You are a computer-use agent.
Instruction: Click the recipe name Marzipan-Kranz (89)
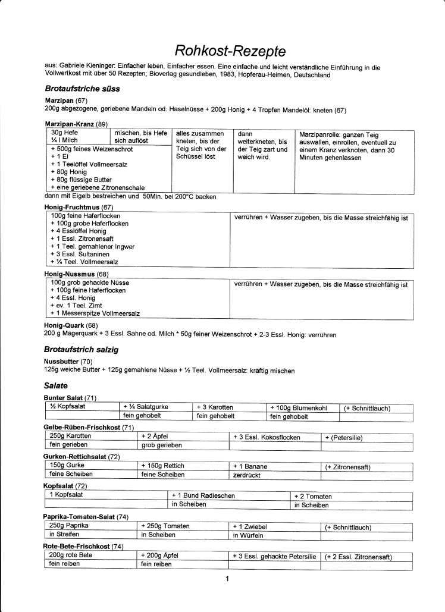76,124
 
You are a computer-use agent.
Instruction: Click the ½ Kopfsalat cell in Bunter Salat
83,407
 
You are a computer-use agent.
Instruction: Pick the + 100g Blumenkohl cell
303,407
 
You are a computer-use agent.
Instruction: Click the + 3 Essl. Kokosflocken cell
275,437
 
